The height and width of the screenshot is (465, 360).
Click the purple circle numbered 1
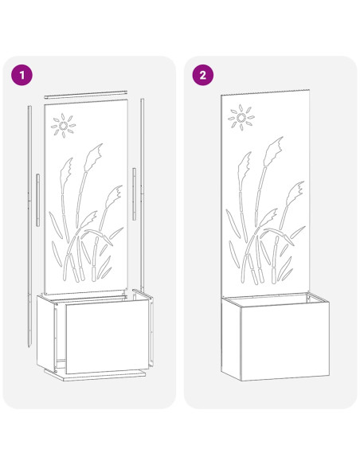click(x=22, y=75)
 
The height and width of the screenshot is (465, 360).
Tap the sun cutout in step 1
click(x=64, y=124)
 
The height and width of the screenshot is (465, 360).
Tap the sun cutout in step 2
click(x=241, y=120)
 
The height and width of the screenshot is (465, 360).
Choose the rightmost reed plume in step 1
click(x=118, y=193)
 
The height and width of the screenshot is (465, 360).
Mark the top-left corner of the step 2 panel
click(x=221, y=94)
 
